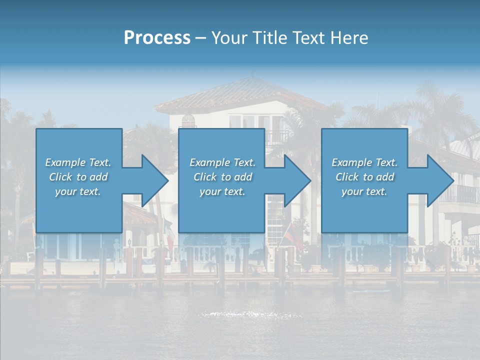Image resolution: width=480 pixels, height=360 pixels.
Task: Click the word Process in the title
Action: click(x=157, y=38)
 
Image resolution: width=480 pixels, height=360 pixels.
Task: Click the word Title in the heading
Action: click(x=269, y=38)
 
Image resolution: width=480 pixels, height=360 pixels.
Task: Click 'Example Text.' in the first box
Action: click(x=78, y=162)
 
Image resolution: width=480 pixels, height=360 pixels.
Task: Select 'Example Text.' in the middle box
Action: click(x=222, y=162)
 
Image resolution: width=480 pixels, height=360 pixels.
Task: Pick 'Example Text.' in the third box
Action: click(x=364, y=162)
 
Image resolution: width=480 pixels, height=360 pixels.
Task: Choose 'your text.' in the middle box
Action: click(x=222, y=191)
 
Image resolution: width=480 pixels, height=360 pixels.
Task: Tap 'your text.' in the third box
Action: click(x=364, y=191)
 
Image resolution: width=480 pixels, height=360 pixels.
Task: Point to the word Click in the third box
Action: click(x=347, y=177)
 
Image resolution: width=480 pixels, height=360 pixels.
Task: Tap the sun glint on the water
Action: click(x=250, y=314)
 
